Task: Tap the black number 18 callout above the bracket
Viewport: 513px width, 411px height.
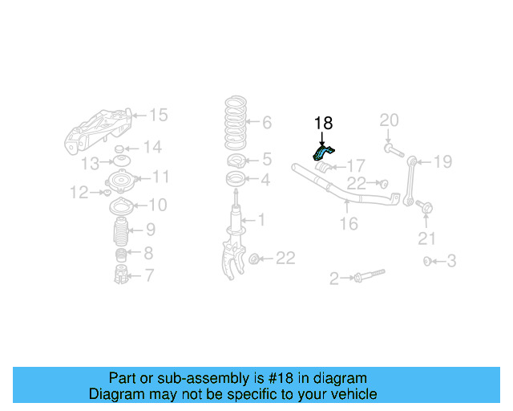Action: tap(323, 123)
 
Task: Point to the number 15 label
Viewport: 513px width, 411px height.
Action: tap(158, 116)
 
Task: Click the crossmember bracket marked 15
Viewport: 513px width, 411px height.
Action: tap(96, 129)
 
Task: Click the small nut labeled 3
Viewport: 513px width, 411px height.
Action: tap(427, 261)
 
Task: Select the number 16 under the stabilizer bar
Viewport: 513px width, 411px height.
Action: tap(348, 223)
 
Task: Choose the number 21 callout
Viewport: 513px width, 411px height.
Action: tap(427, 238)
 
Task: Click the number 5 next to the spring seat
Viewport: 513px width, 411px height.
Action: tap(266, 159)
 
